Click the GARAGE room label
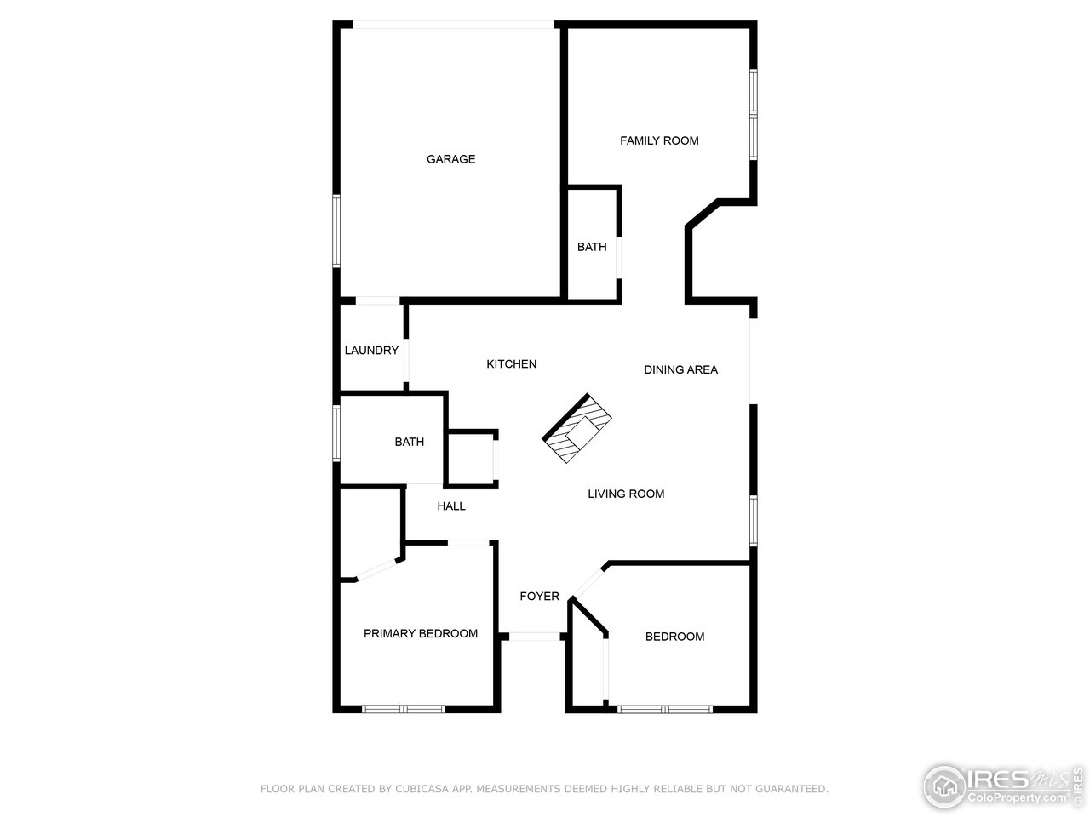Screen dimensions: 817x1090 click(x=450, y=159)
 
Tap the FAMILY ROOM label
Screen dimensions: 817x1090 click(x=659, y=140)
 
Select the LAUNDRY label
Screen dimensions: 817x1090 click(x=371, y=351)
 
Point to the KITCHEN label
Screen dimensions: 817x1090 click(x=511, y=364)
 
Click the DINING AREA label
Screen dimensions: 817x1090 click(x=680, y=369)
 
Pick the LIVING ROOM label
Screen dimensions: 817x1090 click(x=626, y=494)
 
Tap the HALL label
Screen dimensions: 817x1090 click(x=451, y=506)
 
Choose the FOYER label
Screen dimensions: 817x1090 click(x=540, y=596)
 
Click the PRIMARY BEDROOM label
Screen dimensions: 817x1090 click(x=421, y=633)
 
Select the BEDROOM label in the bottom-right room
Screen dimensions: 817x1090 click(x=674, y=637)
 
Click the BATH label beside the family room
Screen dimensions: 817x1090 click(x=592, y=247)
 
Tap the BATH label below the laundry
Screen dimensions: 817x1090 click(x=409, y=442)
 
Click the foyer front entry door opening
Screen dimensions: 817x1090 click(x=535, y=636)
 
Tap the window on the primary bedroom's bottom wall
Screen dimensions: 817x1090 click(x=403, y=709)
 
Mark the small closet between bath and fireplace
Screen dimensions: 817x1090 click(x=471, y=460)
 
